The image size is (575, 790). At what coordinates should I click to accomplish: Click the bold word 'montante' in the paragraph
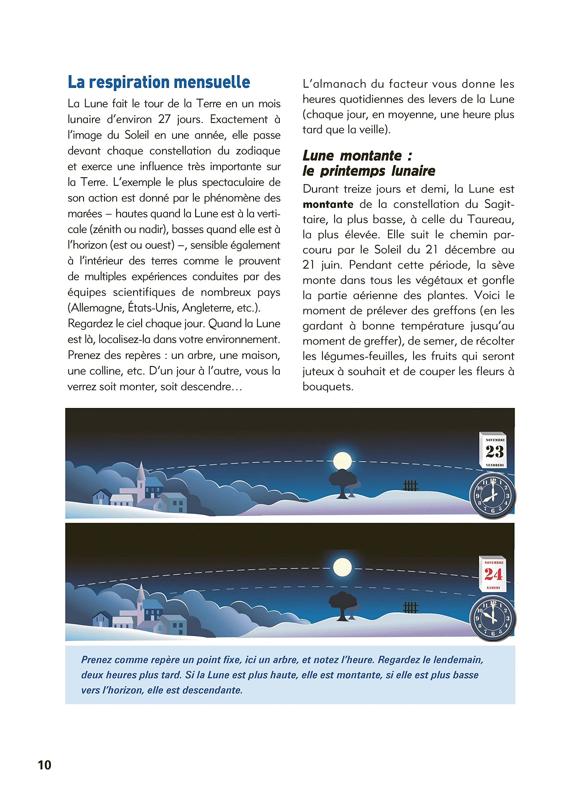point(328,205)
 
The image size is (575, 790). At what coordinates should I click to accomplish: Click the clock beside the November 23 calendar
point(493,496)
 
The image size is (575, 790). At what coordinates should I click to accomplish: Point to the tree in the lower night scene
point(344,607)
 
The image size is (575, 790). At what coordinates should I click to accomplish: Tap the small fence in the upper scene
point(410,486)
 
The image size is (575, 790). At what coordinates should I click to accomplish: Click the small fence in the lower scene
point(410,608)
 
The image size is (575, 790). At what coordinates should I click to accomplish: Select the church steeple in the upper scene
point(141,474)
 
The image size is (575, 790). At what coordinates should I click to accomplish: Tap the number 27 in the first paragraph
point(164,119)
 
